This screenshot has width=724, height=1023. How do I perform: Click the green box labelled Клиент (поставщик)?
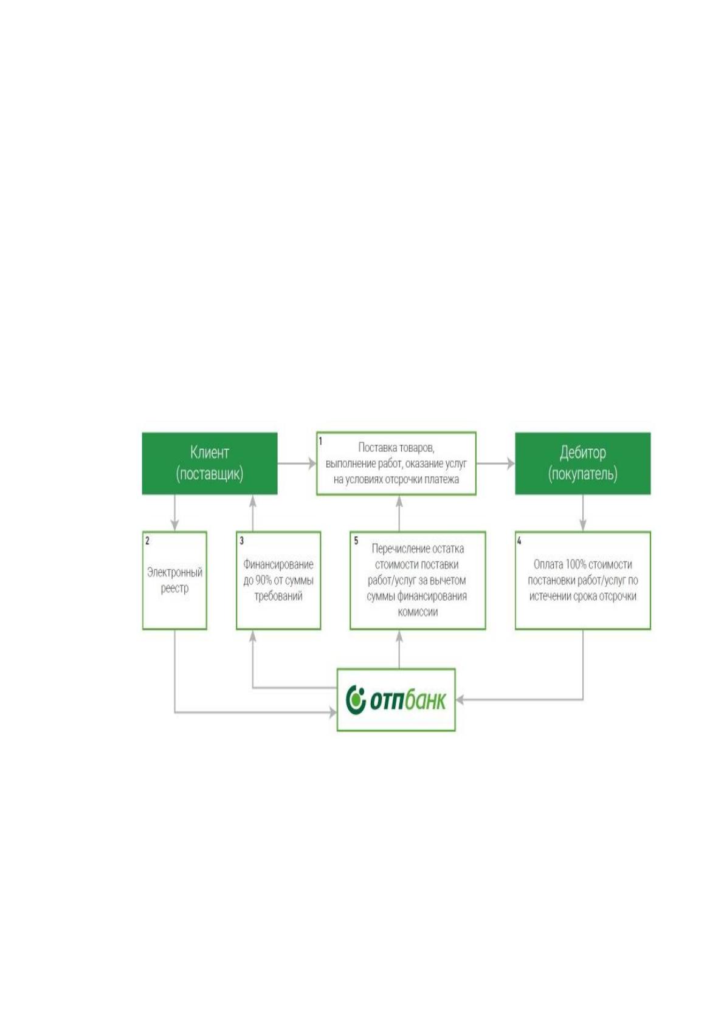click(x=209, y=463)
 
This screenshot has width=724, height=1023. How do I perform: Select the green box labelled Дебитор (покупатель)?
click(x=583, y=463)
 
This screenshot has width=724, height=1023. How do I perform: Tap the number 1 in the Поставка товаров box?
click(x=320, y=441)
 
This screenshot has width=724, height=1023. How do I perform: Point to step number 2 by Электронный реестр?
click(x=147, y=541)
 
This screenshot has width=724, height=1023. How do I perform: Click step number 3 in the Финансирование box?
click(x=242, y=541)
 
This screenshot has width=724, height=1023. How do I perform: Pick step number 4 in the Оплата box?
click(x=519, y=541)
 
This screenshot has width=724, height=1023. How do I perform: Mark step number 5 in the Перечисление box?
click(x=356, y=541)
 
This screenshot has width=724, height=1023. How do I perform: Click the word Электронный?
click(x=174, y=572)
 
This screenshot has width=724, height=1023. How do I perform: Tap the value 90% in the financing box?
click(x=264, y=581)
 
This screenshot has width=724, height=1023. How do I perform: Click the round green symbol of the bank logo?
click(x=356, y=699)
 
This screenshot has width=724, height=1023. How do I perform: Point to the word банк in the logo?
click(x=425, y=699)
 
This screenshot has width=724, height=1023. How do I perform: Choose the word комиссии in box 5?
click(x=418, y=612)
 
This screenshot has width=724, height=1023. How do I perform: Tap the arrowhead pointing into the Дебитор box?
click(x=510, y=464)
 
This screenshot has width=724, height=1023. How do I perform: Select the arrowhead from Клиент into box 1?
click(x=312, y=464)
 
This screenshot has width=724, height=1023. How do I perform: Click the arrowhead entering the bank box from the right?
click(x=460, y=699)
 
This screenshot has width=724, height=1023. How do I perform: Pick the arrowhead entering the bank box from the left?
click(x=333, y=712)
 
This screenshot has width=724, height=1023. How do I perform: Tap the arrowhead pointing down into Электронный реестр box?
click(x=174, y=525)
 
